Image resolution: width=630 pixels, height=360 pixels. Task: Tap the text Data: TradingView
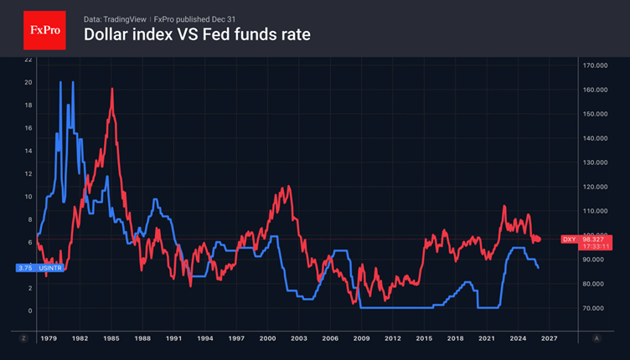[116, 18]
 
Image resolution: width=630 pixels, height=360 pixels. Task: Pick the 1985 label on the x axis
[111, 338]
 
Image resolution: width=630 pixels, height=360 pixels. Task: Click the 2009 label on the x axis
[361, 338]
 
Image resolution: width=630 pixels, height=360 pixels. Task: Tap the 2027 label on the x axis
[549, 338]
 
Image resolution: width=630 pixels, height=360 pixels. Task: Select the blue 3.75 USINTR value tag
[39, 268]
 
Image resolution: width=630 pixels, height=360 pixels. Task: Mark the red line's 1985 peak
[112, 89]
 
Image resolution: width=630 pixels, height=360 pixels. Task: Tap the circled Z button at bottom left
[23, 338]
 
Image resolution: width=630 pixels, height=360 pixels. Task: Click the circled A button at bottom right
[596, 338]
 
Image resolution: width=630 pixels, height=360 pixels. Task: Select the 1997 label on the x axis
[236, 338]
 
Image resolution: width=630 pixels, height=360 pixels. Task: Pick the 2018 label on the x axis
[455, 338]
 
